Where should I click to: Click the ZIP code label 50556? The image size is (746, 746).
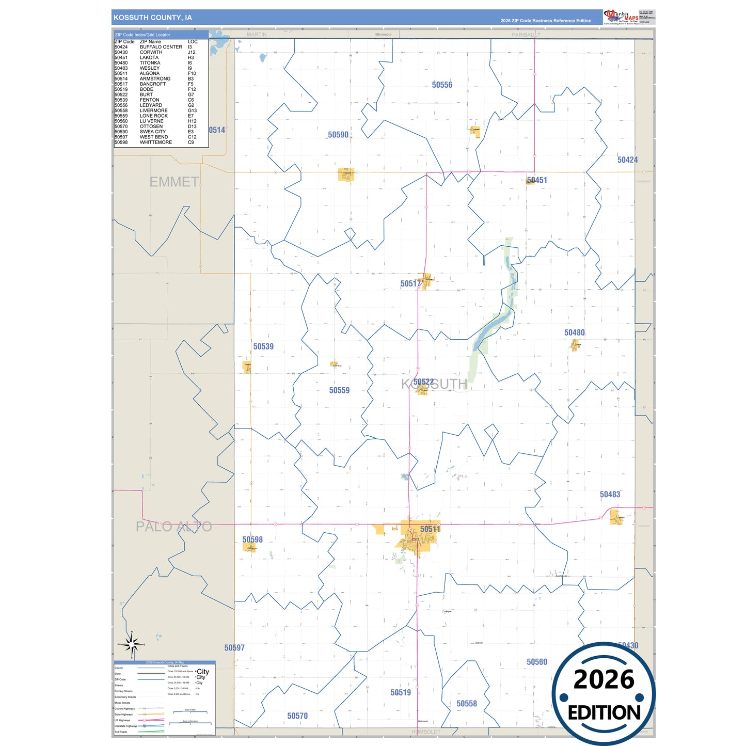[x=442, y=85]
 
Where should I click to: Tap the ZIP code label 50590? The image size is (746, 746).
[x=338, y=135]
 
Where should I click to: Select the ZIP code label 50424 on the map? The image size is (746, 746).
[x=627, y=160]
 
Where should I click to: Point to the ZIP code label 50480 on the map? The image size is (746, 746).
[x=574, y=333]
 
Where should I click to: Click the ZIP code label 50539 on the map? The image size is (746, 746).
[x=263, y=346]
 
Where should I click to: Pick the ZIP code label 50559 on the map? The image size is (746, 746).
[x=339, y=390]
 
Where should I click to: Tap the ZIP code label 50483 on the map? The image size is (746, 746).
[x=610, y=495]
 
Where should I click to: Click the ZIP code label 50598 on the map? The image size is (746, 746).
[x=252, y=539]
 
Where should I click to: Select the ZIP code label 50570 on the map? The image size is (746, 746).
[x=297, y=716]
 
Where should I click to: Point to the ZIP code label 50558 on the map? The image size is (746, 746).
[x=467, y=704]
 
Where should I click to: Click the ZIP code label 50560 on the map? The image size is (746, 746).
[x=537, y=662]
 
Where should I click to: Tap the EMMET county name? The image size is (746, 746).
[x=174, y=182]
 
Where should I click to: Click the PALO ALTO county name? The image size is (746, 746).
[x=173, y=527]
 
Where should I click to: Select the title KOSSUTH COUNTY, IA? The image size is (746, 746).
[x=153, y=18]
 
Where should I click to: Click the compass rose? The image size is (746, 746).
[x=132, y=644]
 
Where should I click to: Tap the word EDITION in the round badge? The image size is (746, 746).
[x=604, y=713]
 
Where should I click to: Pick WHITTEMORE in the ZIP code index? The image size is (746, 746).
[x=156, y=142]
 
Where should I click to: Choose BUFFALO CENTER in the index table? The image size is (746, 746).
[x=161, y=47]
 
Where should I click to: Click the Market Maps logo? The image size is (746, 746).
[x=621, y=17]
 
